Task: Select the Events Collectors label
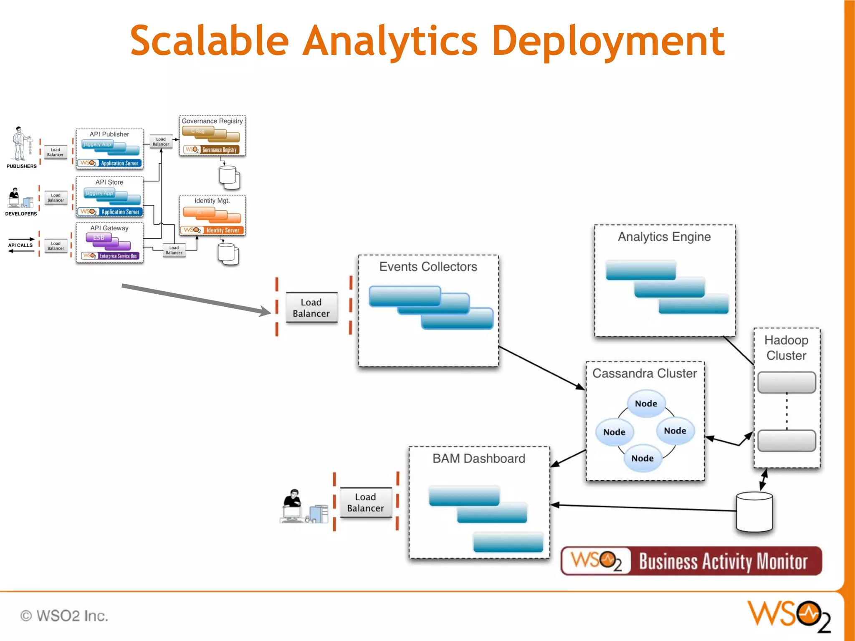(428, 267)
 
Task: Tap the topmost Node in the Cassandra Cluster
(646, 404)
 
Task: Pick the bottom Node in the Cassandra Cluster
(643, 458)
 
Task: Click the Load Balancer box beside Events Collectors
(311, 308)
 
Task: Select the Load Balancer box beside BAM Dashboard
(365, 502)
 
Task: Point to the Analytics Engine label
(664, 237)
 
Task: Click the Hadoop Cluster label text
(787, 348)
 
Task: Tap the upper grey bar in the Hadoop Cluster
(787, 382)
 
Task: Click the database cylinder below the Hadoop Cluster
(754, 512)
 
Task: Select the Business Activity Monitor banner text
(723, 561)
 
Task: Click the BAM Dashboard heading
(479, 459)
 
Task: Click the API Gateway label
(109, 228)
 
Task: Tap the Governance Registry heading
(212, 121)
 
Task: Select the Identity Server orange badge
(222, 230)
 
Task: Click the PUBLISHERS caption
(22, 166)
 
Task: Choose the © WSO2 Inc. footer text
(64, 616)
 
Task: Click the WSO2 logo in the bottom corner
(789, 616)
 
